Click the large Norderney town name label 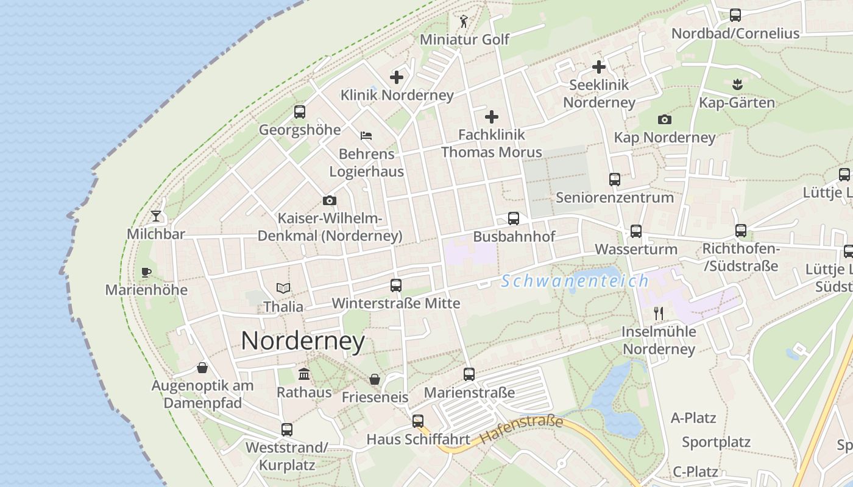pos(303,341)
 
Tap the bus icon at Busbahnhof pos(514,219)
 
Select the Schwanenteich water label pos(575,281)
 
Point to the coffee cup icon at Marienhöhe pos(146,272)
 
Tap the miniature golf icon pos(464,22)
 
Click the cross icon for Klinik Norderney pos(397,77)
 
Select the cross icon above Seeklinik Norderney pos(599,67)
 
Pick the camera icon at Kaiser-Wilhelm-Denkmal pos(329,200)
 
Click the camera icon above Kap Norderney pos(664,120)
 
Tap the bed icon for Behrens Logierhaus pos(366,136)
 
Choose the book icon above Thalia pos(283,289)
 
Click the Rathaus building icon pos(303,374)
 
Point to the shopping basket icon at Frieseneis pos(375,379)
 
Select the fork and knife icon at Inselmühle pos(658,314)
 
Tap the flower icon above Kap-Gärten pos(737,84)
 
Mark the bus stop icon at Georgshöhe pos(299,112)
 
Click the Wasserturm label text pos(635,250)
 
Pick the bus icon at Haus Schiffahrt pos(417,421)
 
